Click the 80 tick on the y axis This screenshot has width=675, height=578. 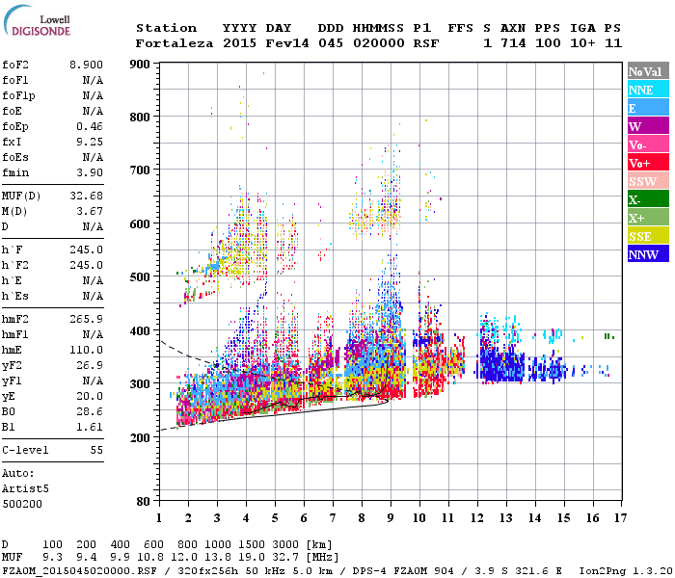(x=141, y=502)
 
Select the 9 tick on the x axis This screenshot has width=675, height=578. (x=390, y=518)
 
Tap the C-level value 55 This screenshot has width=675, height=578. (x=96, y=450)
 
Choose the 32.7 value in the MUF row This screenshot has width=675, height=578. (x=261, y=557)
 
